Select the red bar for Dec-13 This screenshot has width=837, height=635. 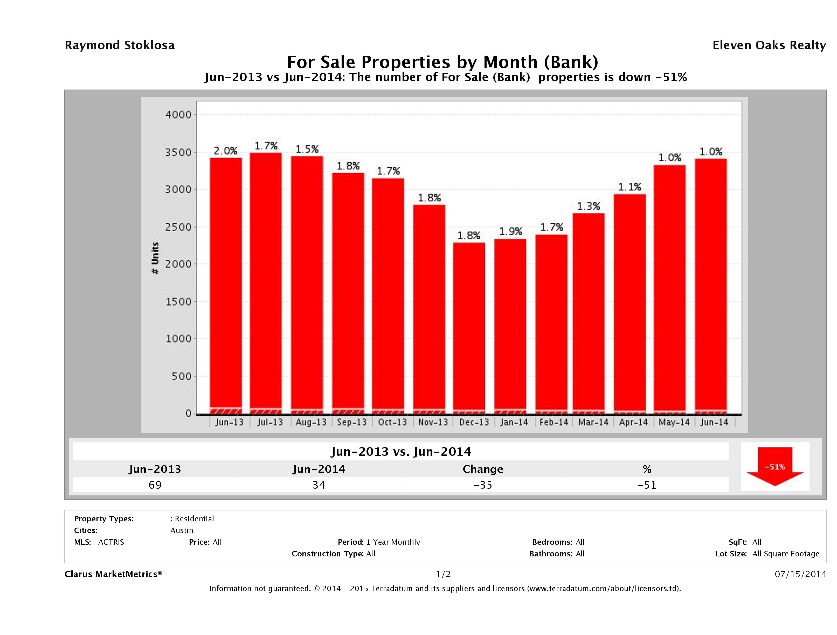click(x=469, y=328)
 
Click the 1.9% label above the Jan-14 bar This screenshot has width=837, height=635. click(x=510, y=231)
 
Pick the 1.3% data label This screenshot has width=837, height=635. click(x=589, y=206)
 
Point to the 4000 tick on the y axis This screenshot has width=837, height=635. click(x=179, y=115)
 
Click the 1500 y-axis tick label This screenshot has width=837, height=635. click(x=179, y=302)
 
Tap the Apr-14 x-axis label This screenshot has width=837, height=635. click(x=633, y=422)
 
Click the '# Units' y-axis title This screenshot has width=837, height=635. click(x=155, y=258)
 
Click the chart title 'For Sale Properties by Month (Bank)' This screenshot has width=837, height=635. click(x=442, y=62)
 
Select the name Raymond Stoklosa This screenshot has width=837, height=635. click(x=120, y=45)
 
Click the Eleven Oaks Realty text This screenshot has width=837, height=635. click(x=769, y=45)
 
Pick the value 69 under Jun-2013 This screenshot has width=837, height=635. click(x=155, y=485)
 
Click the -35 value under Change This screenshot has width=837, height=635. click(x=483, y=485)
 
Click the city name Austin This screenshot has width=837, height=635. click(x=182, y=530)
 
